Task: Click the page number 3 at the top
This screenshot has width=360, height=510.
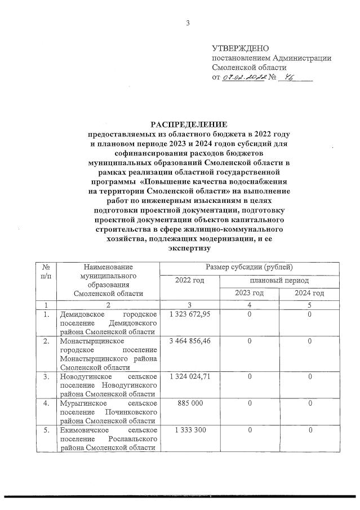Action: click(188, 23)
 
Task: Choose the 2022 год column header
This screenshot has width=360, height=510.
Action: click(190, 280)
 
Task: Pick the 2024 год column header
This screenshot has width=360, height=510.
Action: click(309, 293)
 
